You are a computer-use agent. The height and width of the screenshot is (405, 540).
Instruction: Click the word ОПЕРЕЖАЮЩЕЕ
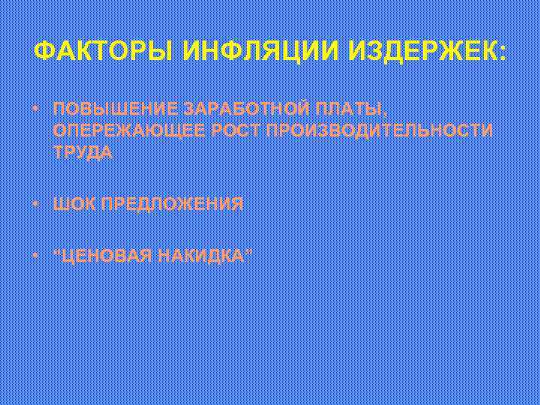click(x=127, y=130)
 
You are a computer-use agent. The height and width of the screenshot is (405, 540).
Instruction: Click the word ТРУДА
click(x=84, y=152)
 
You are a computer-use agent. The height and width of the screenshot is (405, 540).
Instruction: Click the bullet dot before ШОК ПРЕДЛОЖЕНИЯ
click(x=36, y=204)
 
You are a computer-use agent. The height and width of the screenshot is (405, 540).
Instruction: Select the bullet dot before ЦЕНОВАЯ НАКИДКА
click(x=36, y=256)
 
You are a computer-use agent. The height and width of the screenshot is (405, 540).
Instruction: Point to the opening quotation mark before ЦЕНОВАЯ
click(x=58, y=252)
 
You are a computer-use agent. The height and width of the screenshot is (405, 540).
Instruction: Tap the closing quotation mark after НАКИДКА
click(x=248, y=252)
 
